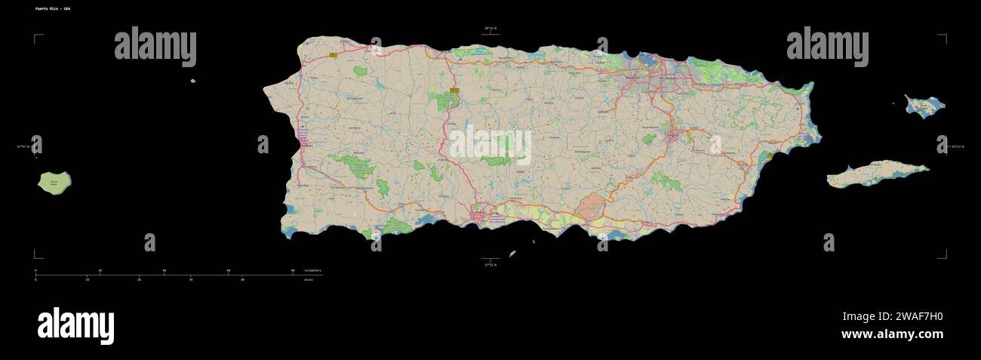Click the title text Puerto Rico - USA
pos(52,8)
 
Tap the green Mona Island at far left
pos(54,183)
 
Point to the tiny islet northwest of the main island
pos(193,81)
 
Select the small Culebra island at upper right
pos(924,106)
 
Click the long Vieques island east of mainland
pos(875,174)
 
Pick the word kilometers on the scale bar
pos(312,270)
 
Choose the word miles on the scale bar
pos(308,279)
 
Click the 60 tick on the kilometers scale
pos(229,270)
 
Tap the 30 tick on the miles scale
pos(190,279)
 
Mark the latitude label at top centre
pos(490,29)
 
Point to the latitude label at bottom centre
pos(490,265)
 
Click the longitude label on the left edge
pos(25,147)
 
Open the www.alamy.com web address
pos(892,334)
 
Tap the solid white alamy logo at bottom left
pos(75,326)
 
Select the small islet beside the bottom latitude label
pos(512,254)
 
